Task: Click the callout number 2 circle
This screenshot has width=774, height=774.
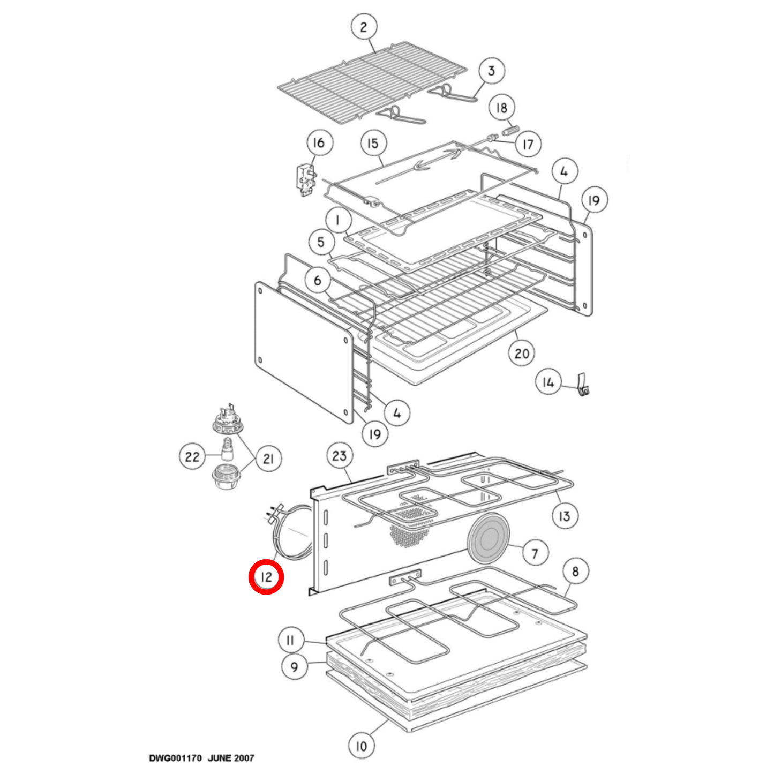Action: tap(364, 27)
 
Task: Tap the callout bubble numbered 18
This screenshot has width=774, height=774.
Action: tap(501, 108)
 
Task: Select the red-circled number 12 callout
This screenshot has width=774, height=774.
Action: tap(266, 577)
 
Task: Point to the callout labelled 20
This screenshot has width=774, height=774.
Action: tap(522, 353)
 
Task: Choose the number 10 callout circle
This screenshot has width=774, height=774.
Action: tap(362, 746)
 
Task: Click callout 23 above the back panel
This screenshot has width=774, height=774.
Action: tap(340, 456)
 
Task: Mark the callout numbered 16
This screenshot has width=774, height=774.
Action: tap(319, 142)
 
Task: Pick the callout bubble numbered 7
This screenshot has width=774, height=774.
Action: tap(535, 553)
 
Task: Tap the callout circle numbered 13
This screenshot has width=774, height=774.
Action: tap(565, 516)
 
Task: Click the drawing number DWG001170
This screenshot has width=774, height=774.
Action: tap(175, 758)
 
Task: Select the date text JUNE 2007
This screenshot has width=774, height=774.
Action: tap(231, 758)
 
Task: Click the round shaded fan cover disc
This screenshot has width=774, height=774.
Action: tap(489, 538)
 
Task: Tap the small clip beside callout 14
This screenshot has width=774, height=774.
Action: tap(583, 386)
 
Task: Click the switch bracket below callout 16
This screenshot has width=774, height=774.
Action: tap(306, 181)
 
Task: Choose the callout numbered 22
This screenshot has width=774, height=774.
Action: tap(192, 456)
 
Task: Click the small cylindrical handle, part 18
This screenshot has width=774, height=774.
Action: tap(510, 130)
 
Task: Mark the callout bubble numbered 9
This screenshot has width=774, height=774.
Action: tap(295, 667)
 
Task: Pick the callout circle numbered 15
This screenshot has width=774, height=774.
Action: tap(373, 143)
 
